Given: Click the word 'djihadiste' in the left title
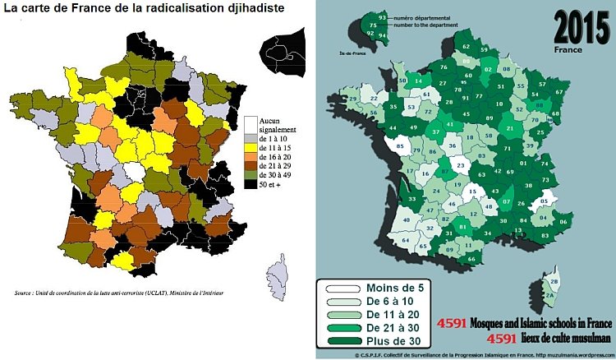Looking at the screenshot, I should pyautogui.click(x=251, y=10).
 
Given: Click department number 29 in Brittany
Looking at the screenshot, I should pyautogui.click(x=353, y=99).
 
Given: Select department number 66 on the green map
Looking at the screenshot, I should pyautogui.click(x=472, y=259).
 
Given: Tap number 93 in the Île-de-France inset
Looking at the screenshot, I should pyautogui.click(x=383, y=17).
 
